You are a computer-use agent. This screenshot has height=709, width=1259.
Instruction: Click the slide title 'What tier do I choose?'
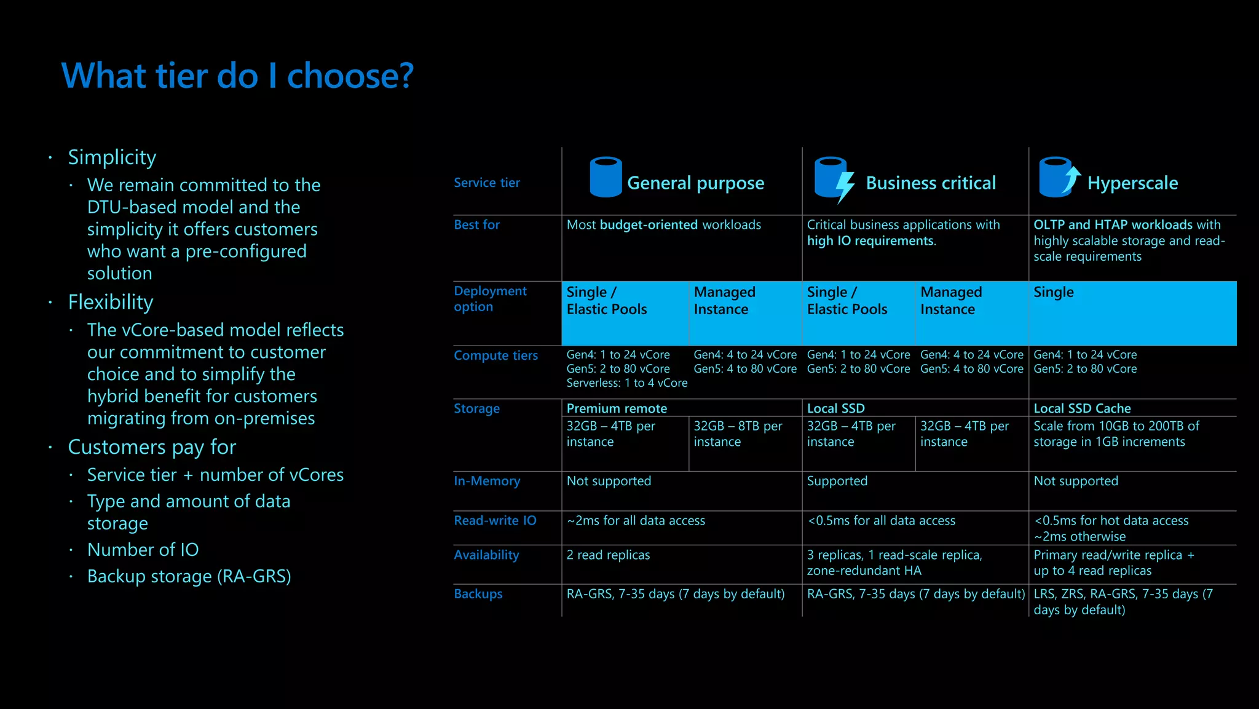pyautogui.click(x=237, y=76)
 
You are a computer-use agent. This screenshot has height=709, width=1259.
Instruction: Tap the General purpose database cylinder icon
pyautogui.click(x=606, y=177)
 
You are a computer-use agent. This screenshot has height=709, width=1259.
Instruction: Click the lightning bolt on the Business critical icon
pyautogui.click(x=845, y=186)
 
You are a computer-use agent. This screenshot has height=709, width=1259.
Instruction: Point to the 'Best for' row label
pyautogui.click(x=476, y=225)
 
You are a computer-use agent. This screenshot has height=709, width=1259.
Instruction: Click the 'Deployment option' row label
pyautogui.click(x=490, y=299)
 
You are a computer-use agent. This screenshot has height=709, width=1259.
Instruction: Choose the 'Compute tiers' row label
pyautogui.click(x=495, y=355)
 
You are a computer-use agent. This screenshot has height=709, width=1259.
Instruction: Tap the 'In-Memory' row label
pyautogui.click(x=487, y=481)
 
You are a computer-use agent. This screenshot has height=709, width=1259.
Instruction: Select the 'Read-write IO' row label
pyautogui.click(x=495, y=520)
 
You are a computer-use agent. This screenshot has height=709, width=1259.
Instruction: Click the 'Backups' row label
pyautogui.click(x=478, y=594)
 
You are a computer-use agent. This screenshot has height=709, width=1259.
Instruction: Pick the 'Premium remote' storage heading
pyautogui.click(x=617, y=408)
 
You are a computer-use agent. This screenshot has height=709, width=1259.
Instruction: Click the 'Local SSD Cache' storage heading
pyautogui.click(x=1082, y=408)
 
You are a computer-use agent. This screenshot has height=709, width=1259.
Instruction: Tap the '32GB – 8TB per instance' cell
pyautogui.click(x=738, y=434)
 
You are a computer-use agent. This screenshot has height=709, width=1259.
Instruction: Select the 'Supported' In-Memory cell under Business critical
pyautogui.click(x=837, y=481)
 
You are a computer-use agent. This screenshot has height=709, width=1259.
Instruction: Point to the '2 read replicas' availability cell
pyautogui.click(x=608, y=555)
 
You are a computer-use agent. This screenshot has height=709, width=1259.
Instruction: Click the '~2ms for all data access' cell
pyautogui.click(x=636, y=520)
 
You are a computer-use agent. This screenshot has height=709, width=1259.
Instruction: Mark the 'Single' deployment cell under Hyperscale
pyautogui.click(x=1054, y=292)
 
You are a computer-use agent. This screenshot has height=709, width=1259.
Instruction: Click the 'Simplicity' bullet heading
pyautogui.click(x=112, y=157)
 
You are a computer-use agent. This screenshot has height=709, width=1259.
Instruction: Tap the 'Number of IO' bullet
pyautogui.click(x=143, y=550)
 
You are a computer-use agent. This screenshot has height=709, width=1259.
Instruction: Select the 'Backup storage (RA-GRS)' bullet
pyautogui.click(x=189, y=577)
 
